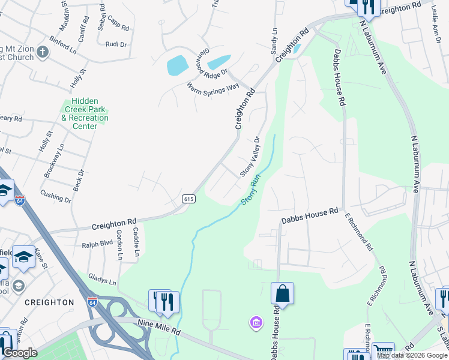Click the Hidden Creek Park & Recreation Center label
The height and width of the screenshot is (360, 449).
tap(85, 114)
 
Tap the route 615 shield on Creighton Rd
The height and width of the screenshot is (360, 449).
tap(188, 199)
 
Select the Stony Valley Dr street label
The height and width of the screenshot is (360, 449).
tap(250, 157)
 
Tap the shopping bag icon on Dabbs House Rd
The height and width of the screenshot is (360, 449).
tap(282, 293)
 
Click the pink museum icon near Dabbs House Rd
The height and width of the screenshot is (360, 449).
tap(256, 324)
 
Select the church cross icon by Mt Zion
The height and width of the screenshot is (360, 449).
tap(42, 52)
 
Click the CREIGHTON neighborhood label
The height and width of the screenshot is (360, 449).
tap(49, 302)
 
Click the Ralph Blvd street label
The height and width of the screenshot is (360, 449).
tap(97, 244)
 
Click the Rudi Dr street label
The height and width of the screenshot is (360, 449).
tap(116, 44)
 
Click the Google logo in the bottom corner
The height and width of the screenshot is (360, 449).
tap(20, 353)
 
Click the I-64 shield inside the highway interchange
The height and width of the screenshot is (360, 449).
tap(92, 301)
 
